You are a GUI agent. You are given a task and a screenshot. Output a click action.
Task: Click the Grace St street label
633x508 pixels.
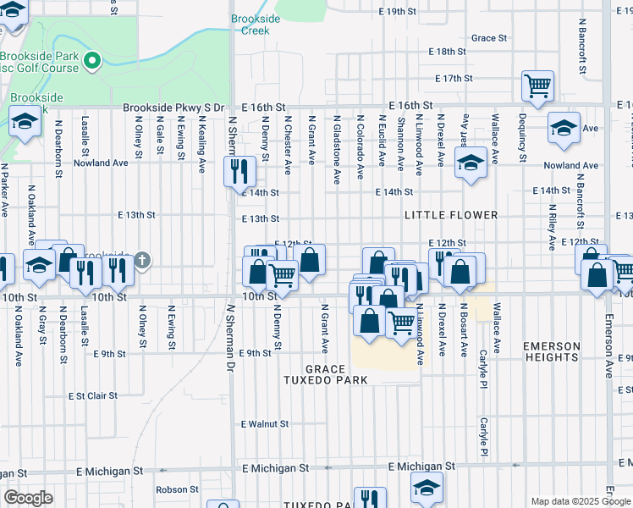click(x=489, y=38)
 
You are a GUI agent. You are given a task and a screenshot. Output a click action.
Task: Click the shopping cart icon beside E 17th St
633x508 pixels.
click(x=537, y=85)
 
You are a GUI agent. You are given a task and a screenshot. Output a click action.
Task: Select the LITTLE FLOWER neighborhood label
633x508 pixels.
click(x=451, y=215)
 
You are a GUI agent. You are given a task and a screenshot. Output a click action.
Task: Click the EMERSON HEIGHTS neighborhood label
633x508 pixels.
click(x=552, y=352)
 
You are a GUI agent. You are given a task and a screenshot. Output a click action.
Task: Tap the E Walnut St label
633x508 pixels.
click(x=265, y=423)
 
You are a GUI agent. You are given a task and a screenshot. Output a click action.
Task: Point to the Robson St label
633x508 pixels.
click(x=176, y=489)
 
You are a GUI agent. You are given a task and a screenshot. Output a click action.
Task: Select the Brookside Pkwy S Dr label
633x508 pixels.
click(x=173, y=108)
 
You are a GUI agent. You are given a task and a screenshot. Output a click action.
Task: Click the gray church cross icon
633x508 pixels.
click(x=142, y=260)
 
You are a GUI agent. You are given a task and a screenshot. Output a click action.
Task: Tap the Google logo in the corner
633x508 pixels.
click(x=28, y=498)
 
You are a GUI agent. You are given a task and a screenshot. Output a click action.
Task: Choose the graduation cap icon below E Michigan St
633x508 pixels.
click(x=427, y=486)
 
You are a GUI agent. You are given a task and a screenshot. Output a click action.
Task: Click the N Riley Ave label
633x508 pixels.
click(x=552, y=227)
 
